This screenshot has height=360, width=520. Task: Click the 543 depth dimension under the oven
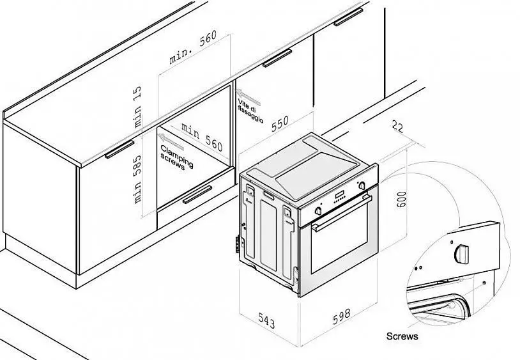coord(266,320)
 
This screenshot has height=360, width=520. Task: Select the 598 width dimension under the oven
coord(342,317)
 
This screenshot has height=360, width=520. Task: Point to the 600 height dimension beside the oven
coord(401,199)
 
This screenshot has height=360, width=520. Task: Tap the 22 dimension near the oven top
coord(397,127)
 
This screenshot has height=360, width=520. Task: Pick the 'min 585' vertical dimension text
coord(137,179)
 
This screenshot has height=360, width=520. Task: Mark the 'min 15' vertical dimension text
coord(137,107)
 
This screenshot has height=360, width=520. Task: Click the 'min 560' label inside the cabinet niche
coord(203,136)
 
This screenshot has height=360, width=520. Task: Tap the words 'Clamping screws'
coord(176,157)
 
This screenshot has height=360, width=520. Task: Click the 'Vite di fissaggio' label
coord(250,111)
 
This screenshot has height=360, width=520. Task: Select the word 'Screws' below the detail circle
coord(402,336)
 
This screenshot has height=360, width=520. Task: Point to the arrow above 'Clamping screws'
coord(171,141)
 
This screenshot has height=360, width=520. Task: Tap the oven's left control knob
coord(318,210)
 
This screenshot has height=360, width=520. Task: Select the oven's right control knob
coord(362,185)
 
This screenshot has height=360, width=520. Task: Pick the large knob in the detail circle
coord(462,254)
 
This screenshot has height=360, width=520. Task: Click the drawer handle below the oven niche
coord(197,194)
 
